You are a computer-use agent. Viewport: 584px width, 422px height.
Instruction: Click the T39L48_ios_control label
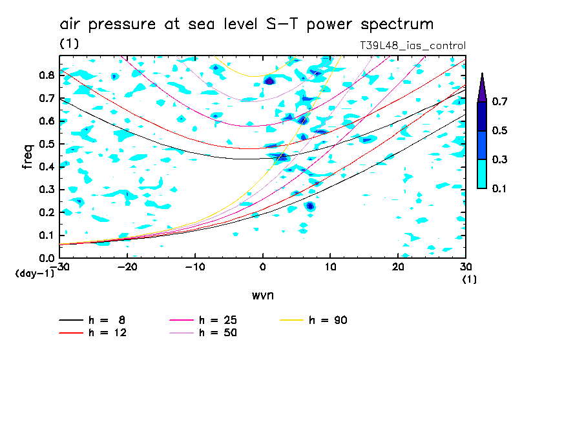click(412, 46)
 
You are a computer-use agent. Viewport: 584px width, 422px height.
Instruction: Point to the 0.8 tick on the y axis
click(47, 75)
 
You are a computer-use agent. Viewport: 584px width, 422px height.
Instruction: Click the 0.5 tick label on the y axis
click(47, 144)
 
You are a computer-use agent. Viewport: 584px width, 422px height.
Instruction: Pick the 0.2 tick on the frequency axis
click(47, 212)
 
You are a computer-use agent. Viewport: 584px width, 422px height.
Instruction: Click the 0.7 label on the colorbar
click(499, 102)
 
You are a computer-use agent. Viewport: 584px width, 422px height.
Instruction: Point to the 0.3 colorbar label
click(499, 160)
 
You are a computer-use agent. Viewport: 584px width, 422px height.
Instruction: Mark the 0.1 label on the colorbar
click(499, 188)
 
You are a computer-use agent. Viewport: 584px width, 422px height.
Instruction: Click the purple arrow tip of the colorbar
click(481, 84)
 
